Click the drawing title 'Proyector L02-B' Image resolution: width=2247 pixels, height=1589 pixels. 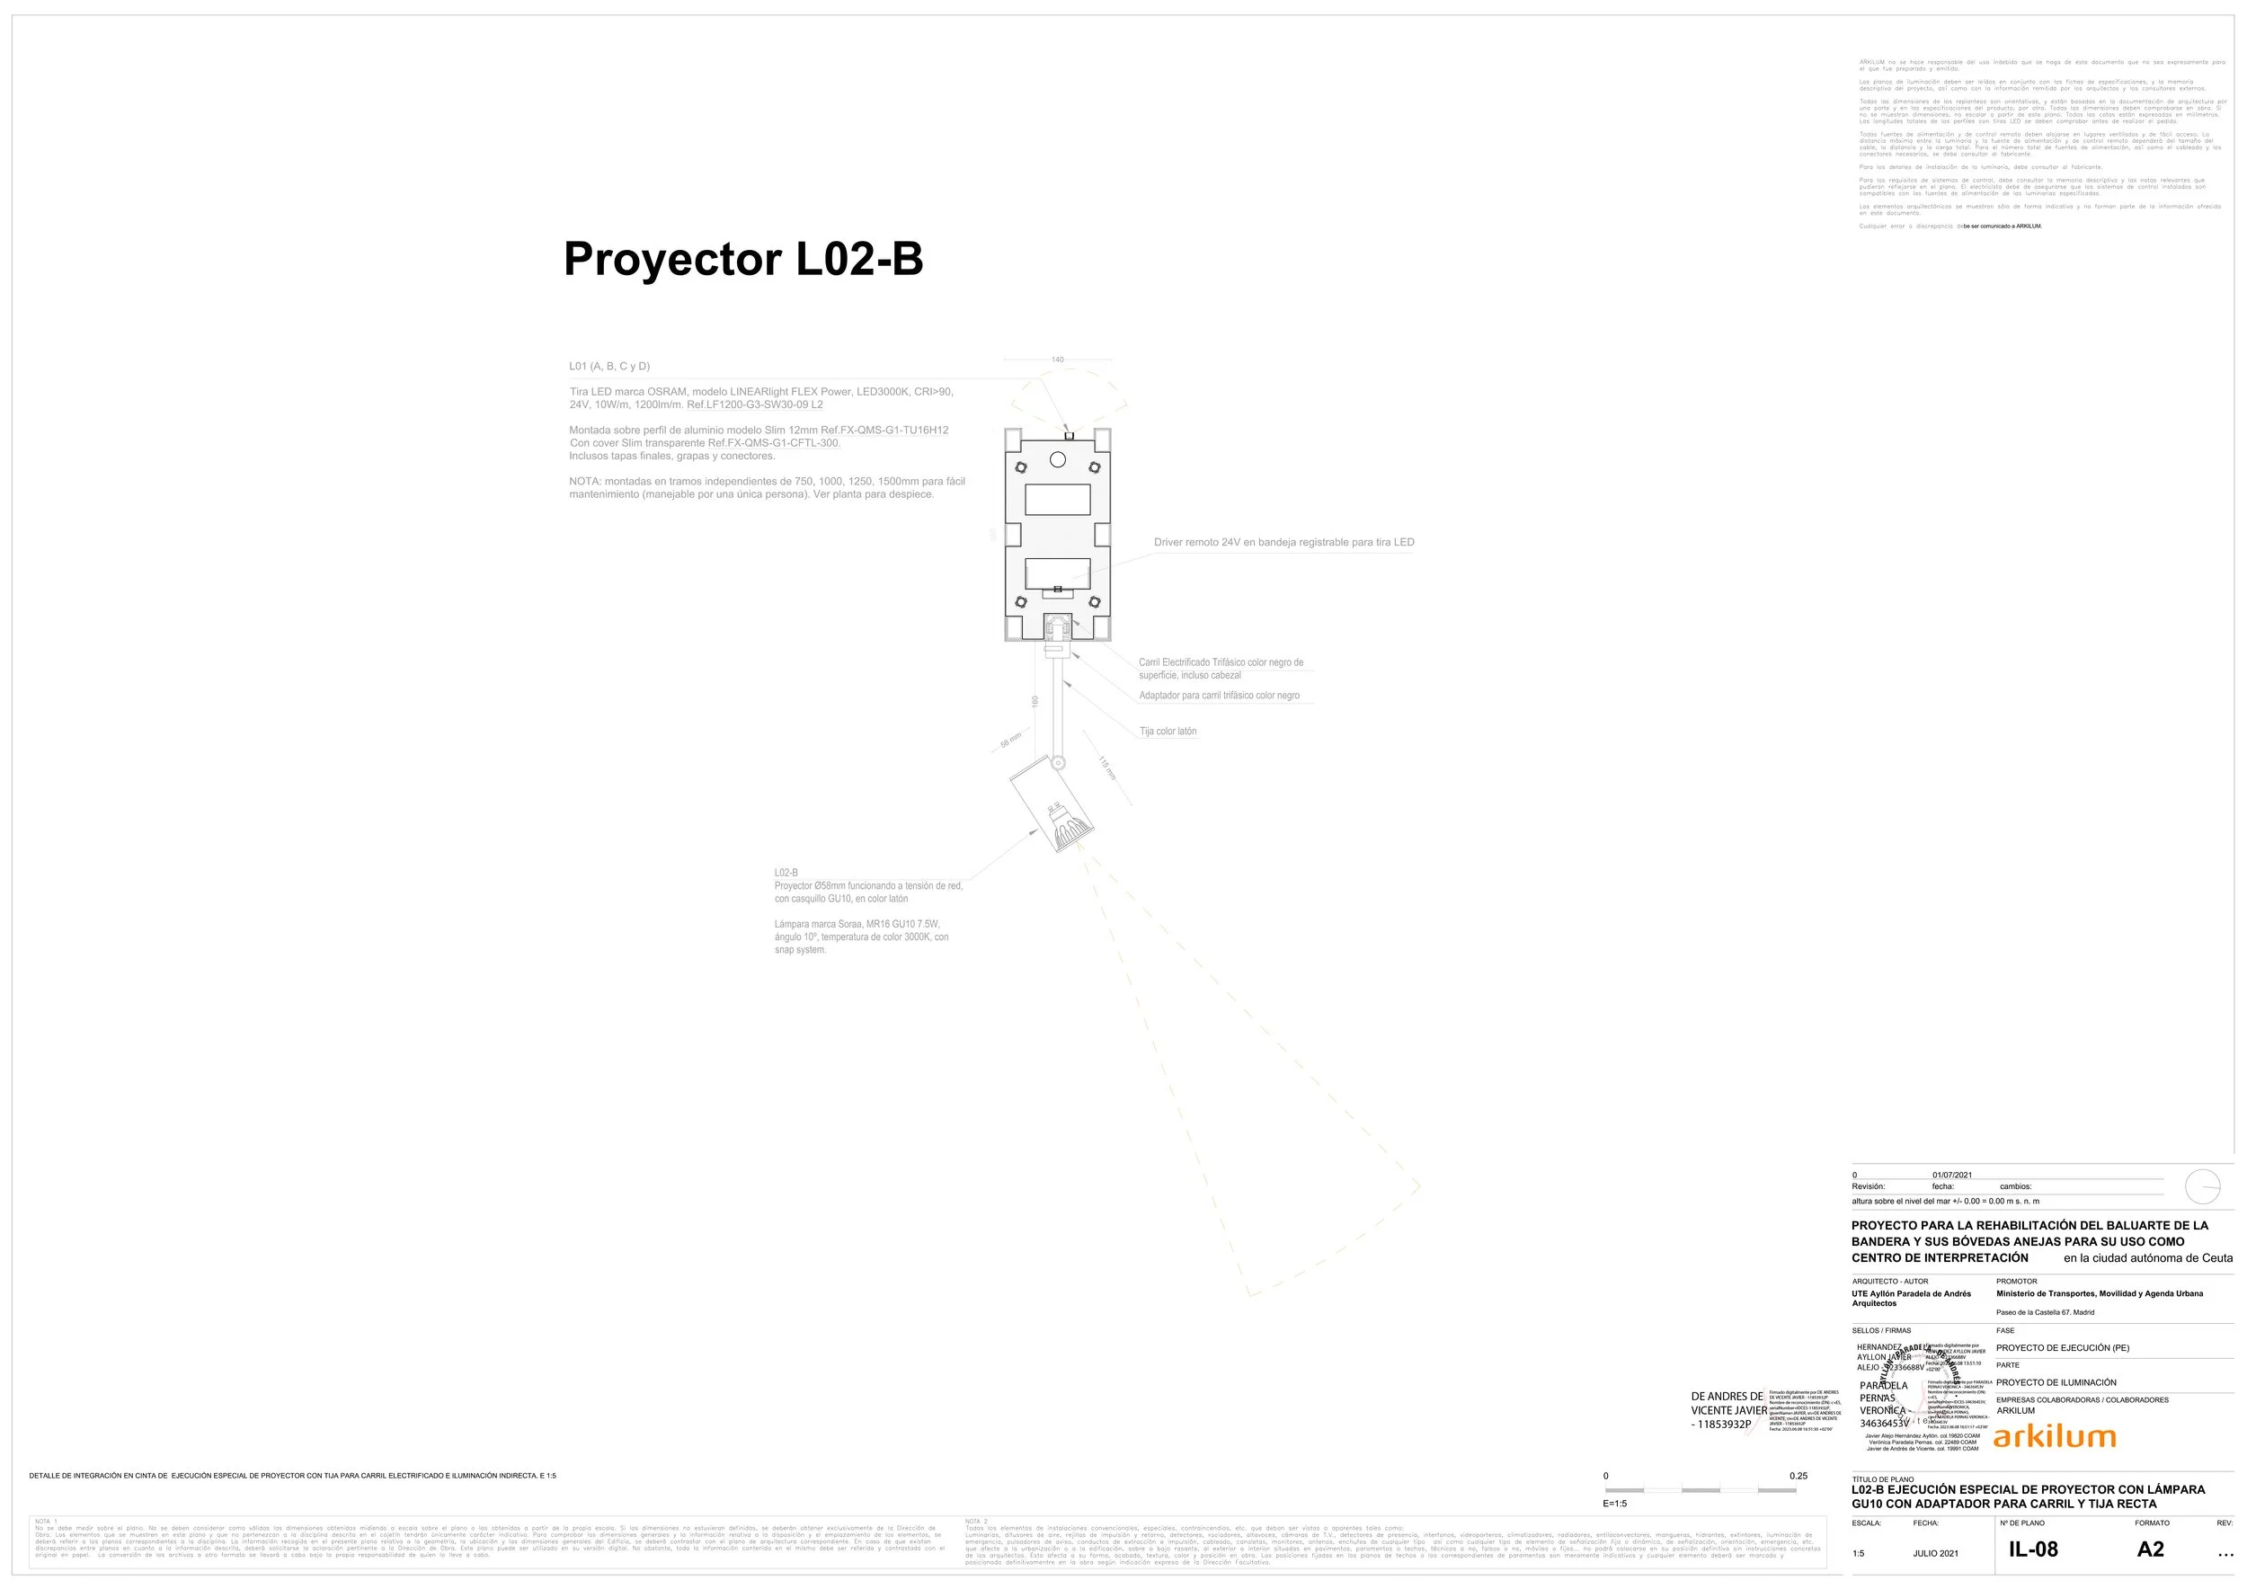click(x=742, y=259)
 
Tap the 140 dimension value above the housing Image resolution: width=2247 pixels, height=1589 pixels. click(x=1057, y=360)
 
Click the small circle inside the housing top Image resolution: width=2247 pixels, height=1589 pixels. click(x=1057, y=459)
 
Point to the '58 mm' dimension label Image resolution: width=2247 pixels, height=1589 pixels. click(x=1011, y=741)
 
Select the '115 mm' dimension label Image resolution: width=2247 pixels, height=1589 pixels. click(x=1106, y=768)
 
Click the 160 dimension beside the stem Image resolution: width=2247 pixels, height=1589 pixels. click(x=1035, y=702)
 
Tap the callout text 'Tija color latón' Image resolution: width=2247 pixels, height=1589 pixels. click(x=1168, y=731)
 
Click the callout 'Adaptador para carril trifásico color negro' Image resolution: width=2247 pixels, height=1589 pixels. click(x=1220, y=696)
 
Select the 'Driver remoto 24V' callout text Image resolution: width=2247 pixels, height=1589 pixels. click(x=1283, y=542)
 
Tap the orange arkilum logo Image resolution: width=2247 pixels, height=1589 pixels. click(x=2054, y=1436)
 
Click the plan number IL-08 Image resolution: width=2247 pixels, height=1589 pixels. click(x=2033, y=1549)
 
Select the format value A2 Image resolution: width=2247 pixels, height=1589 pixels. click(x=2150, y=1549)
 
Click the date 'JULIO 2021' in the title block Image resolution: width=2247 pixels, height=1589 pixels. click(x=1936, y=1553)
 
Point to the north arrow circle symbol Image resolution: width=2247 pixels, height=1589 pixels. click(x=2203, y=1187)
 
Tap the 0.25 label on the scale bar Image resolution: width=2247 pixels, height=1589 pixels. click(x=1798, y=1476)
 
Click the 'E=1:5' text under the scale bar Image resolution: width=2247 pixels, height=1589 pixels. click(x=1614, y=1503)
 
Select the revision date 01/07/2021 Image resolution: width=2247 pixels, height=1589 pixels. click(x=1951, y=1175)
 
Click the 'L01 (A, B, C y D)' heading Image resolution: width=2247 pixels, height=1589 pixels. click(x=608, y=366)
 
